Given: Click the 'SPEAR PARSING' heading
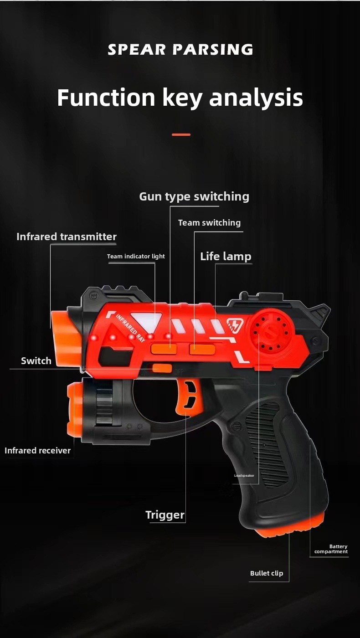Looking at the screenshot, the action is [x=180, y=49].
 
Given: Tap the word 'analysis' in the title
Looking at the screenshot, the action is [x=256, y=98].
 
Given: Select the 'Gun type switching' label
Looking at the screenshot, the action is [x=194, y=197].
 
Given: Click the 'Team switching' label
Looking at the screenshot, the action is [x=209, y=223].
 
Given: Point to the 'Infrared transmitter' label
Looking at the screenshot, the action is [x=67, y=237].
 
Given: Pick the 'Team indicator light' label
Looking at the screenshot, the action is [x=136, y=256].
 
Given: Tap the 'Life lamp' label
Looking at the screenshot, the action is [x=226, y=257].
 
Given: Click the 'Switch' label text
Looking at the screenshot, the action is [x=36, y=361].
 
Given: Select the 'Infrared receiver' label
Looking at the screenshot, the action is [x=37, y=450].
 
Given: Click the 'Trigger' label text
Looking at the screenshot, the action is [x=165, y=515].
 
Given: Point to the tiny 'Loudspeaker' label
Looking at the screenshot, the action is [x=244, y=475].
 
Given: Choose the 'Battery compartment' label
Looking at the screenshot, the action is [x=331, y=549].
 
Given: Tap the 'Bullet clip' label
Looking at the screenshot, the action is [x=267, y=573].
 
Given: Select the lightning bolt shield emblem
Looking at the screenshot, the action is [x=236, y=325].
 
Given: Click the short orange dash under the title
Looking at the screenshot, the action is [x=181, y=134].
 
